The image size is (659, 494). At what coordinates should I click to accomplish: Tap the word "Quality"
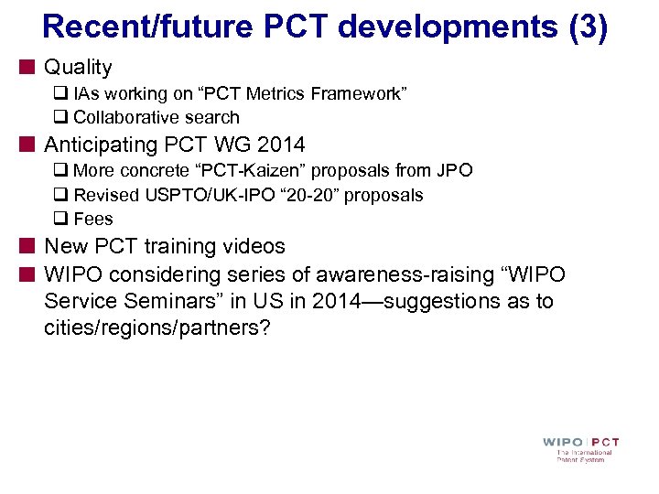point(78,67)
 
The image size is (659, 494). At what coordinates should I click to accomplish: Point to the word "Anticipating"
point(101,145)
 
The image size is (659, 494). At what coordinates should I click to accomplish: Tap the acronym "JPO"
point(454,171)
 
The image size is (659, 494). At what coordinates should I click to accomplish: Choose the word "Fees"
point(93,219)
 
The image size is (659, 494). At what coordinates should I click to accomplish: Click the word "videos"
point(253,246)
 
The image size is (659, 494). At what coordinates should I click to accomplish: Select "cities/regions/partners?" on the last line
point(157,328)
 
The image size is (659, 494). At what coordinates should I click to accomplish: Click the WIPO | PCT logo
point(581,448)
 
